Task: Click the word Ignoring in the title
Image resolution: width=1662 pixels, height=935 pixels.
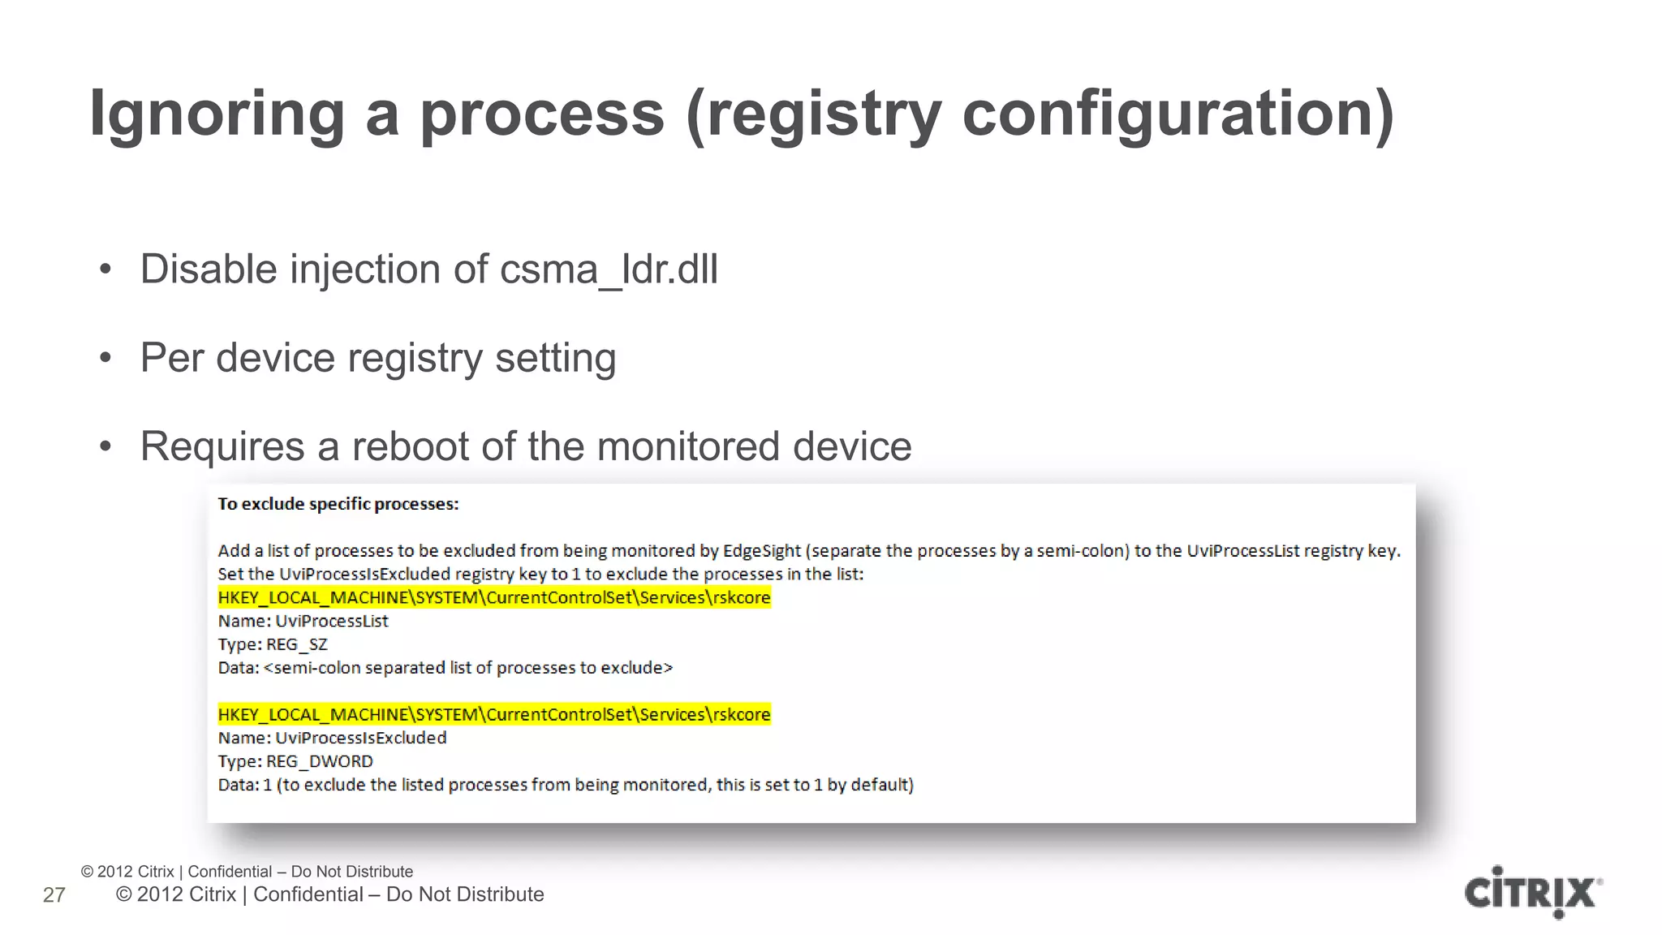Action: [x=217, y=114]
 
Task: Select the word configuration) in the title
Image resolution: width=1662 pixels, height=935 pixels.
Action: [x=1178, y=114]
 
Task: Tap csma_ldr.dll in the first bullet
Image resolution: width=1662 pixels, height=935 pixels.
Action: [x=609, y=269]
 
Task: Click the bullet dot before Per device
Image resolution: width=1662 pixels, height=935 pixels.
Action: [x=105, y=358]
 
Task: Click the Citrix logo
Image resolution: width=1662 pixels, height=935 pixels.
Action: [x=1532, y=893]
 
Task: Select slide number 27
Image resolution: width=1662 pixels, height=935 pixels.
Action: [x=54, y=895]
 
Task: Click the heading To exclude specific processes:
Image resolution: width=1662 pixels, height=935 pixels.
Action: [x=338, y=504]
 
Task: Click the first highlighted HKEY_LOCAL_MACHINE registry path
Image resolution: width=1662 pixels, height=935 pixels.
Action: [x=493, y=598]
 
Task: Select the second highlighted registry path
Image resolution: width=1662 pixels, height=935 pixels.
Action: [x=493, y=715]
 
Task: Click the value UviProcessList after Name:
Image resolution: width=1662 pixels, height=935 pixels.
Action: [x=331, y=622]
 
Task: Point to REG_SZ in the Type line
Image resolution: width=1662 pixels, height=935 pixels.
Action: [x=296, y=645]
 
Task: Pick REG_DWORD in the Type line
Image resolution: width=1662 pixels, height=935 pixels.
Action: [x=319, y=762]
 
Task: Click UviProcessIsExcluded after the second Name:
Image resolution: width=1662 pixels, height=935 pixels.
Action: [x=360, y=739]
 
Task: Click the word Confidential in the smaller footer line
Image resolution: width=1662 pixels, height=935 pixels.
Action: [x=230, y=872]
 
